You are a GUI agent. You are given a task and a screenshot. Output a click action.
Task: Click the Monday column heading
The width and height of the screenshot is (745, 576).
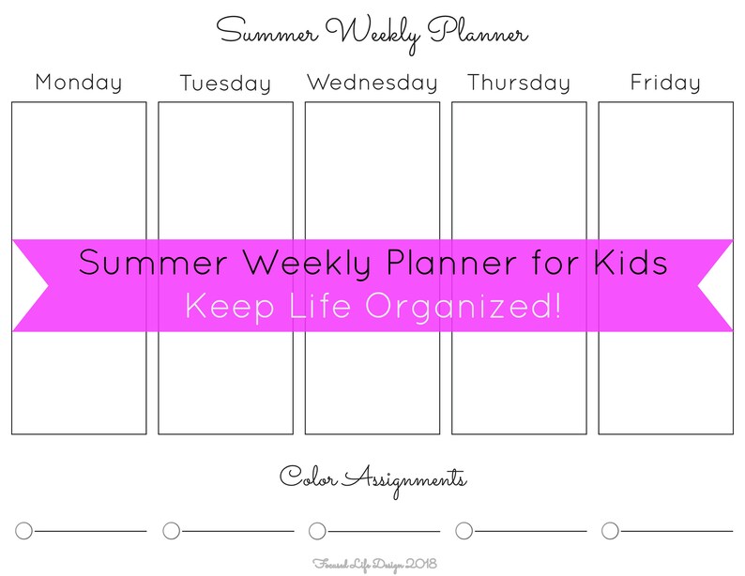(79, 83)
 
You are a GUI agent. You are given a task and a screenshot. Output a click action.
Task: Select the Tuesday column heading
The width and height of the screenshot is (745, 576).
(225, 84)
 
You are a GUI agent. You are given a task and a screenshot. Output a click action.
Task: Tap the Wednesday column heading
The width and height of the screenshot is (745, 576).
(372, 83)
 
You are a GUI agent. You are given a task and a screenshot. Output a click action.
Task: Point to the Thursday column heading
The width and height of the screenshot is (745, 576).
(519, 83)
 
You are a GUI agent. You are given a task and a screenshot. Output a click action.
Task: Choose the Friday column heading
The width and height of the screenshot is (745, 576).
(665, 83)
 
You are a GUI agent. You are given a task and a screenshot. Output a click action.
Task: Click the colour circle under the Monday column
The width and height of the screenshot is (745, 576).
(24, 531)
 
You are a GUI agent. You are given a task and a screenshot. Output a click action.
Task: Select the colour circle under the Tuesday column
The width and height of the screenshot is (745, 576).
(171, 531)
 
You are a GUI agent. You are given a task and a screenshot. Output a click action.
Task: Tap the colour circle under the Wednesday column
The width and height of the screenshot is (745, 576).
(317, 531)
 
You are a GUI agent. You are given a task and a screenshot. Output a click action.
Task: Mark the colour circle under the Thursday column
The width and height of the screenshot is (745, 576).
(464, 531)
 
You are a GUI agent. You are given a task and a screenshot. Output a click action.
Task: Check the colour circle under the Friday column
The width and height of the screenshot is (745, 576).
(610, 531)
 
